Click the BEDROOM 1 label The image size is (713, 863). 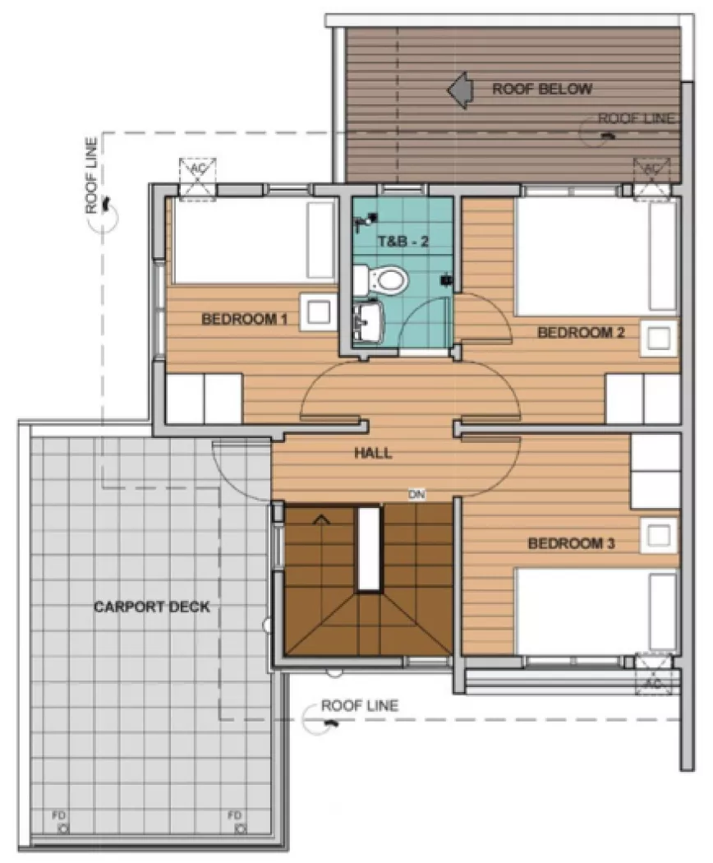244,319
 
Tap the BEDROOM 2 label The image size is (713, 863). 581,332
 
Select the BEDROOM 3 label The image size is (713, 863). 572,543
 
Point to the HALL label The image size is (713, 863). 372,453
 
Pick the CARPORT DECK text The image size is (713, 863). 151,607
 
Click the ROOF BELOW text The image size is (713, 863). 541,89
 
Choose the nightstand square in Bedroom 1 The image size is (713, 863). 316,312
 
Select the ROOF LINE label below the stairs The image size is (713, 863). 359,705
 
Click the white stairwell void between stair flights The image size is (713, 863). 370,548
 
